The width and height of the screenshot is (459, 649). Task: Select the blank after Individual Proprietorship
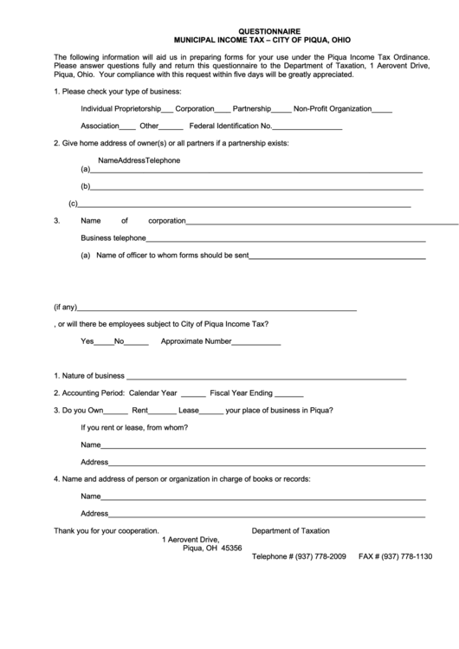tap(167, 111)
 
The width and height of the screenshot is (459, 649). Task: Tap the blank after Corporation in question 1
tap(223, 111)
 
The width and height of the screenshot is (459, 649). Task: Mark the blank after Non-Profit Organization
tap(382, 111)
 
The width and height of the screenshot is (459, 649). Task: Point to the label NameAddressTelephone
tap(139, 160)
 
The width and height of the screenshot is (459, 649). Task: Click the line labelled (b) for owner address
tap(256, 188)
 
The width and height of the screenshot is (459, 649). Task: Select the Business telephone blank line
tap(286, 240)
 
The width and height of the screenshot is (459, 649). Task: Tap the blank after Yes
tap(104, 343)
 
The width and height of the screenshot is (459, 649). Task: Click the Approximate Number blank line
tap(256, 343)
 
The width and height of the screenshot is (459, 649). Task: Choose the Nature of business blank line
tap(266, 379)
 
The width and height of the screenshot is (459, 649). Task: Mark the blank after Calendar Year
tap(193, 394)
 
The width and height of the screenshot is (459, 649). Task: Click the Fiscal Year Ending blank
tap(289, 394)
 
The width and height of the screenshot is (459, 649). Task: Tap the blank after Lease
tap(211, 412)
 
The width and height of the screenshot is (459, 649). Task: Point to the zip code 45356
tap(231, 548)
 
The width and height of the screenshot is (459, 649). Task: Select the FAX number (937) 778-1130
tap(406, 556)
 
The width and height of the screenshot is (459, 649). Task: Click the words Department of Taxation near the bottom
tap(290, 531)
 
